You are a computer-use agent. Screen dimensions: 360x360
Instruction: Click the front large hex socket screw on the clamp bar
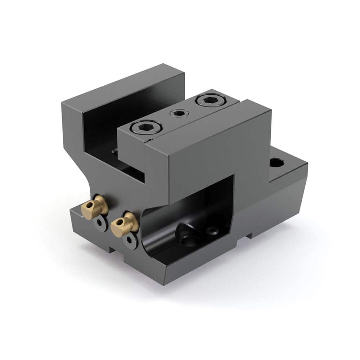point(146,127)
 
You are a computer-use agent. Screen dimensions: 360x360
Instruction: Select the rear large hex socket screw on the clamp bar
point(208,100)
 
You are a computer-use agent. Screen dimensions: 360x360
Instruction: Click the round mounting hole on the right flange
point(276,163)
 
